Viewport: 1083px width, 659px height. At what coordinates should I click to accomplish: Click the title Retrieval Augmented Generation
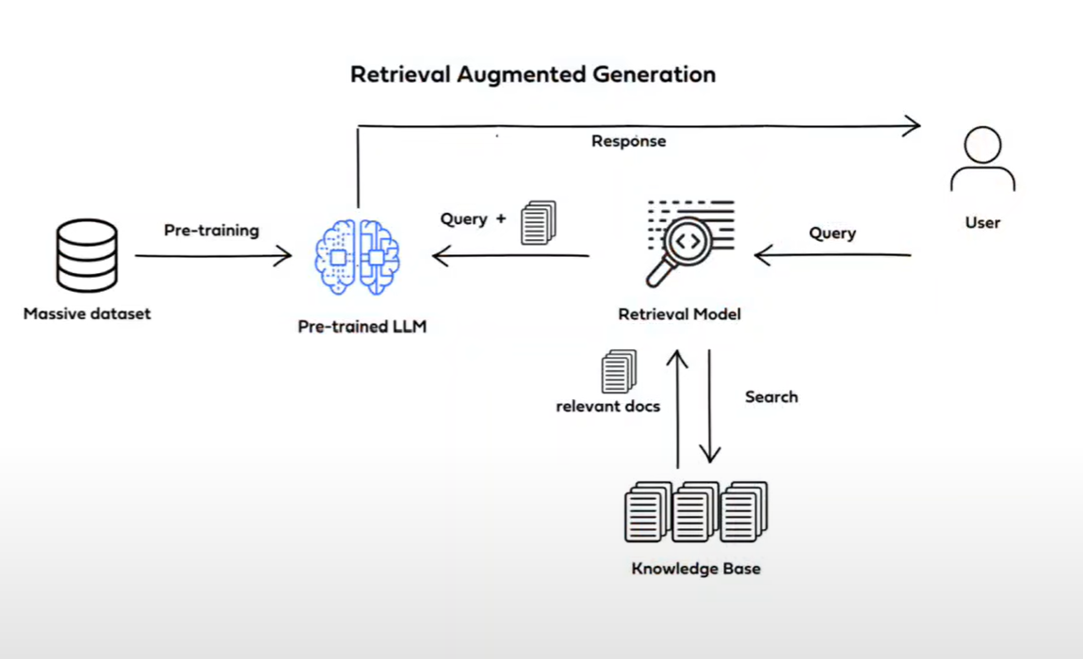point(533,74)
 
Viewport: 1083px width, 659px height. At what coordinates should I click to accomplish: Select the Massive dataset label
point(87,313)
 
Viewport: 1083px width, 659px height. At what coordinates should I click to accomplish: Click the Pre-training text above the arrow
point(211,230)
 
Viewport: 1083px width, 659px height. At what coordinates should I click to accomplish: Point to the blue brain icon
point(357,256)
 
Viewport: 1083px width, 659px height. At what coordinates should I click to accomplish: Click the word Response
point(628,141)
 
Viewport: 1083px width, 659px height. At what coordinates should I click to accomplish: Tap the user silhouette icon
point(982,162)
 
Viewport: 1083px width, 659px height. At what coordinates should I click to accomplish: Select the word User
point(982,223)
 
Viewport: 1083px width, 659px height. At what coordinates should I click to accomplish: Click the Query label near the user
point(832,233)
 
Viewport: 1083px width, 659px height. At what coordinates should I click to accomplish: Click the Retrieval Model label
point(679,313)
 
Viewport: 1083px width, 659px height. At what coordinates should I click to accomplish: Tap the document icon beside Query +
point(539,223)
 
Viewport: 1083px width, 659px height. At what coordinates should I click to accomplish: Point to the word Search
point(771,396)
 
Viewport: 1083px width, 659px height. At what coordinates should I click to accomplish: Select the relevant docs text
point(607,407)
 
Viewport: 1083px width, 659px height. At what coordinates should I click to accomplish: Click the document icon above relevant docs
point(619,371)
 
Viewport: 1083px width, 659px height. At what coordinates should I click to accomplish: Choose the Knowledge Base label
point(696,569)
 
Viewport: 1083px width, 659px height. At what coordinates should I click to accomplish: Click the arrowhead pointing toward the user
point(912,124)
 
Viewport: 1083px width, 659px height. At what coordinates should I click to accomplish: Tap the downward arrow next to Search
point(709,405)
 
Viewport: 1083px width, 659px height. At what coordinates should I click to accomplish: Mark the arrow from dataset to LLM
point(213,255)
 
